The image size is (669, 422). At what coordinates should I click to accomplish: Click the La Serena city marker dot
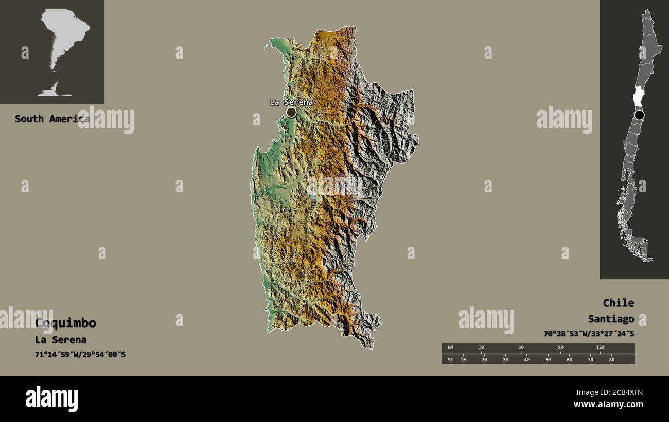291,112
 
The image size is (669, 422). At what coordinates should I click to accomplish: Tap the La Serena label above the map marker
291,102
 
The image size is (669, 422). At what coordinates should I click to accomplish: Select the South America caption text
51,119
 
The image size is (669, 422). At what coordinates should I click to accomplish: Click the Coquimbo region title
65,323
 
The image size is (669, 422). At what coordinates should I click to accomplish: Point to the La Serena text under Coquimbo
61,340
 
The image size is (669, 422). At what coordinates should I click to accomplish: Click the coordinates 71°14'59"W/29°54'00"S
80,355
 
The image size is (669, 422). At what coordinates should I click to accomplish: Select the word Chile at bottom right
618,303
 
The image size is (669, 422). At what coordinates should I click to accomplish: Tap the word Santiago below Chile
611,319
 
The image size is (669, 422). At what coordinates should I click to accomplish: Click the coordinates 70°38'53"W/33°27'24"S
589,334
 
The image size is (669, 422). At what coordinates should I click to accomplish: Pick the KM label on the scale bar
450,348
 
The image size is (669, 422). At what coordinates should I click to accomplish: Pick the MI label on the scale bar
450,359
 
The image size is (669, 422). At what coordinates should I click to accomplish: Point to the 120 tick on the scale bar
600,348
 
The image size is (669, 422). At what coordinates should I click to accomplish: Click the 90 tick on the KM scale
560,348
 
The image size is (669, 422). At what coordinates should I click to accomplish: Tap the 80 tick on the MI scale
611,359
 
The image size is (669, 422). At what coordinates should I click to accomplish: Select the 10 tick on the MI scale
463,359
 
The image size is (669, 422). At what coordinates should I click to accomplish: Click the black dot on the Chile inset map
639,115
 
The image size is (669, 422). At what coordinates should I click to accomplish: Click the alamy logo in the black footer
51,398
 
